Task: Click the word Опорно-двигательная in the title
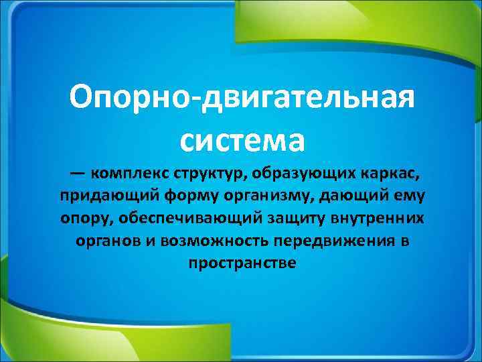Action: [242, 100]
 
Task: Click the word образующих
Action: [299, 174]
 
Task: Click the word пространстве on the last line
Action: [242, 263]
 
